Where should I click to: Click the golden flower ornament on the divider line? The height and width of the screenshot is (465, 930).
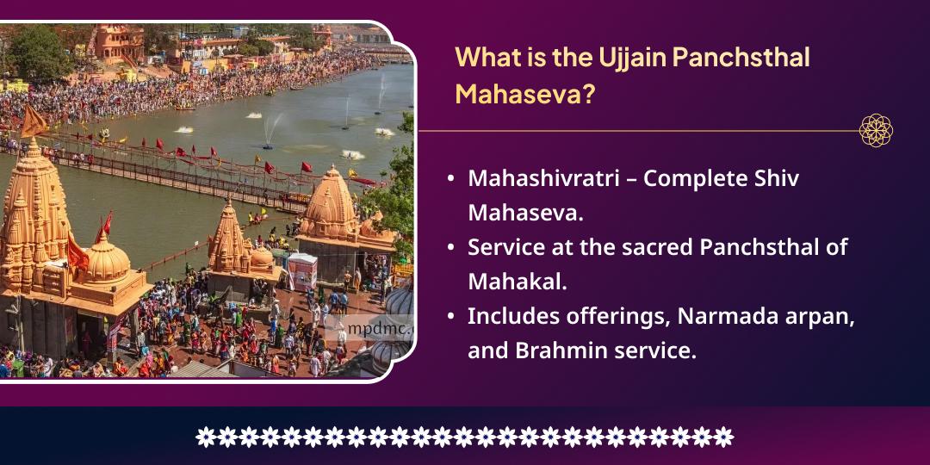pos(876,131)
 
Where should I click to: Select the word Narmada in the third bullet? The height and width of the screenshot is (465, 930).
pos(720,316)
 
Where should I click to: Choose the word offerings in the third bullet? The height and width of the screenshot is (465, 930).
pos(616,316)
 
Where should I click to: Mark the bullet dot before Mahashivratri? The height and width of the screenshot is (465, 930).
pos(451,179)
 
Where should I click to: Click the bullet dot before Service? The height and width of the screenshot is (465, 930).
pos(451,247)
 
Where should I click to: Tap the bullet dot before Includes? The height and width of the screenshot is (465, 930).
pos(451,316)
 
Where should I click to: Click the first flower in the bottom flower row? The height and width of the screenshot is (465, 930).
pos(205,437)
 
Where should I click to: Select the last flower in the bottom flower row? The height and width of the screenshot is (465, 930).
pos(724,437)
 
